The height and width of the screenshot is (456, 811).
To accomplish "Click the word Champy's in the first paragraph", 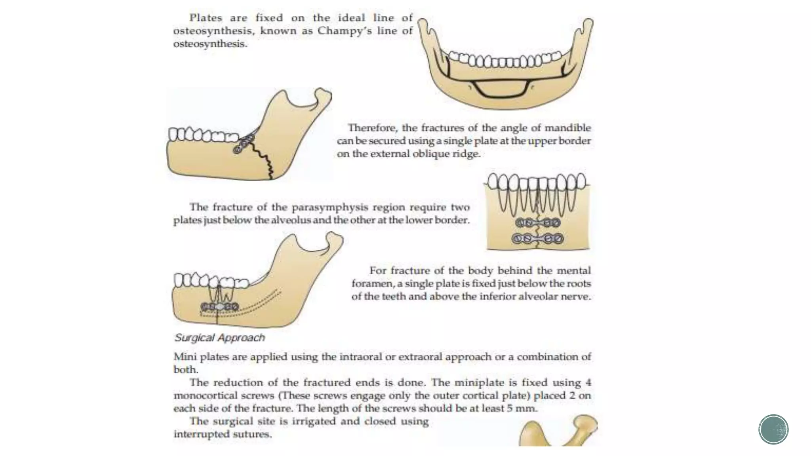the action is click(x=345, y=31).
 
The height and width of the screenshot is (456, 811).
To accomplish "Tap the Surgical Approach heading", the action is click(x=219, y=338).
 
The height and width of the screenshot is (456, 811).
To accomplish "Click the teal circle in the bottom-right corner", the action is click(x=773, y=429).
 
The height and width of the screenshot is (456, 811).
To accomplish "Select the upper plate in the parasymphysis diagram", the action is click(x=538, y=223).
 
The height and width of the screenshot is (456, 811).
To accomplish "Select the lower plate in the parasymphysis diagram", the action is click(x=538, y=239).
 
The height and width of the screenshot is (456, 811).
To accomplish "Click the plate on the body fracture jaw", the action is click(x=219, y=307).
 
